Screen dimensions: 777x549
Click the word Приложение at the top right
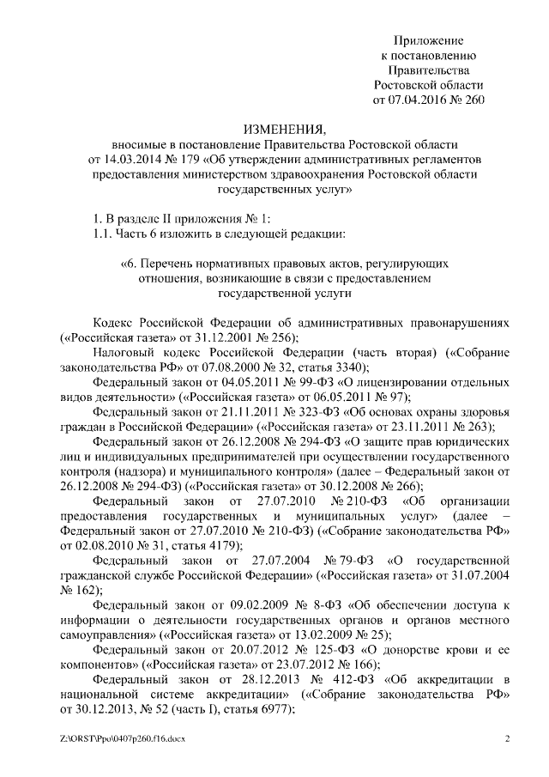click(x=428, y=41)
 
